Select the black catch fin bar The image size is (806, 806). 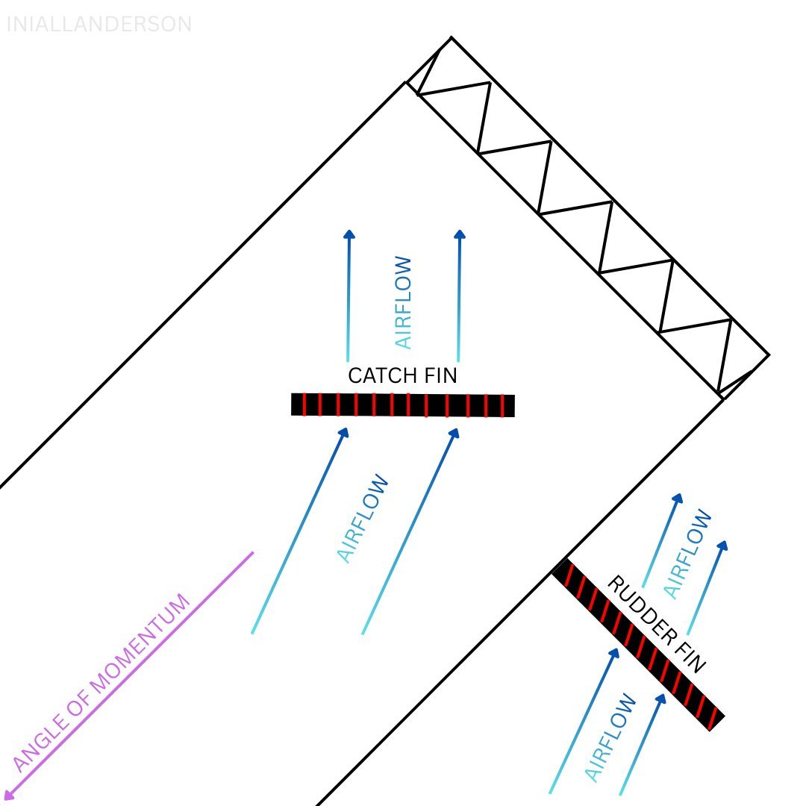pyautogui.click(x=402, y=405)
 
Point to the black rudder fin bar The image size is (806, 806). pyautogui.click(x=638, y=644)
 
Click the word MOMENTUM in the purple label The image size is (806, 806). pyautogui.click(x=140, y=645)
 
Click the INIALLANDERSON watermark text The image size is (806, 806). pyautogui.click(x=99, y=24)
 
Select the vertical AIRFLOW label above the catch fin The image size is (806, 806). pyautogui.click(x=403, y=303)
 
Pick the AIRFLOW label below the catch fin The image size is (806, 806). pyautogui.click(x=363, y=518)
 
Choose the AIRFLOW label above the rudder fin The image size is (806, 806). pyautogui.click(x=688, y=554)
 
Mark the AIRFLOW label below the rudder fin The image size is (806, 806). pyautogui.click(x=610, y=737)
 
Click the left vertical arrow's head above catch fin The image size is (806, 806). pyautogui.click(x=349, y=234)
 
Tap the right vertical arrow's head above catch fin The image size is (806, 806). pyautogui.click(x=460, y=234)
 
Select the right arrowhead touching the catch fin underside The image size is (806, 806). pyautogui.click(x=454, y=434)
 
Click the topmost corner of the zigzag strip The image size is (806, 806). pyautogui.click(x=452, y=37)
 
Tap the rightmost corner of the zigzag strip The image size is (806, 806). pyautogui.click(x=769, y=354)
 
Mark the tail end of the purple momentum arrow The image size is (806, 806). pyautogui.click(x=253, y=552)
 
